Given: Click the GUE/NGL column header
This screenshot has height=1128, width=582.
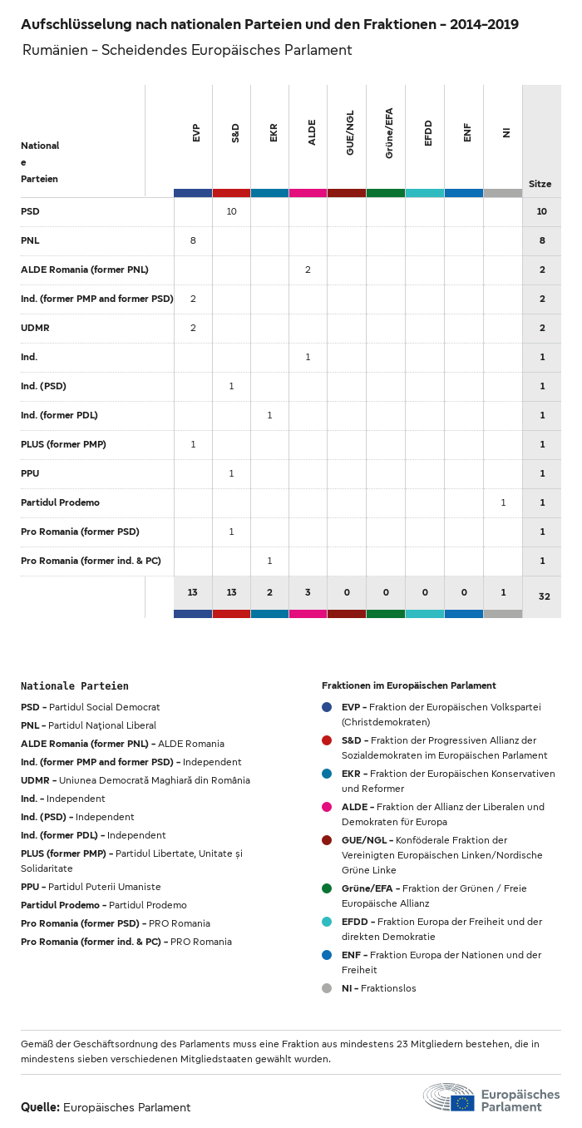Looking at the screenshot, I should pyautogui.click(x=350, y=132).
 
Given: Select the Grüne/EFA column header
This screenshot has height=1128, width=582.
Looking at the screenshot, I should pyautogui.click(x=389, y=132).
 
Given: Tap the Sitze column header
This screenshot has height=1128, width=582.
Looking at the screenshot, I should pyautogui.click(x=540, y=184).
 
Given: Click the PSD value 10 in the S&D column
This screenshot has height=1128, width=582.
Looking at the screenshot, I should pyautogui.click(x=231, y=211).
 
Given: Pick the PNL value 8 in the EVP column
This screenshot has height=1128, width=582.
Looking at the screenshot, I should pyautogui.click(x=193, y=240).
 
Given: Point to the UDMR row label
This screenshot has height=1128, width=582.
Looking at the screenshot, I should pyautogui.click(x=35, y=328).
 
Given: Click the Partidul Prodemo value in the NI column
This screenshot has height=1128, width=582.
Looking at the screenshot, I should pyautogui.click(x=503, y=502).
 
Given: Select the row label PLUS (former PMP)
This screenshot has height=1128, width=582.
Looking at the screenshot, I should pyautogui.click(x=63, y=444).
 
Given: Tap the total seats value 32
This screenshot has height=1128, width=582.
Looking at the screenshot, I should pyautogui.click(x=544, y=596).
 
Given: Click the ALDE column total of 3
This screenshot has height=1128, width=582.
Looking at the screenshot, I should pyautogui.click(x=308, y=592).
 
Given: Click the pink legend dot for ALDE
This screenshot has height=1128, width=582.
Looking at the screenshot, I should pyautogui.click(x=327, y=807).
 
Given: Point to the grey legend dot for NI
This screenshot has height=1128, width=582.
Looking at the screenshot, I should pyautogui.click(x=327, y=988).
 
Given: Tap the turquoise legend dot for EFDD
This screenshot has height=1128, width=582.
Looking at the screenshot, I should pyautogui.click(x=327, y=922).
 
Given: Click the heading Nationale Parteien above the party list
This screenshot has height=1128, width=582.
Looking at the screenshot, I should pyautogui.click(x=75, y=686).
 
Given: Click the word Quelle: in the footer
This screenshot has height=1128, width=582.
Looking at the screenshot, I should pyautogui.click(x=40, y=1107).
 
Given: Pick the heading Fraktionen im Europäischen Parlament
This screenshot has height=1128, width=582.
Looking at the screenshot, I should pyautogui.click(x=409, y=685).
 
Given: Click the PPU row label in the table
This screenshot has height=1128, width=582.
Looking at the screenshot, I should pyautogui.click(x=30, y=473).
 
